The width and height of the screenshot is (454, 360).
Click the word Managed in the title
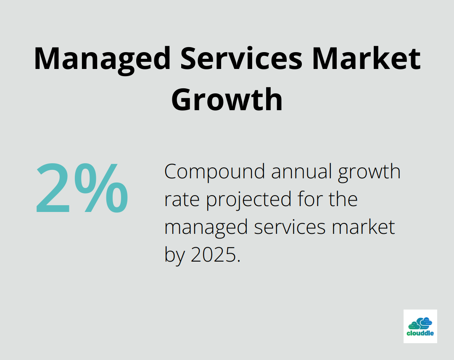tap(102, 58)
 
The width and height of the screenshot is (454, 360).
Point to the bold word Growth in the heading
tap(227, 99)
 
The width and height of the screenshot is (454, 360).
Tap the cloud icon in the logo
tap(420, 323)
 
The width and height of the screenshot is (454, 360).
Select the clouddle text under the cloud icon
tap(420, 334)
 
